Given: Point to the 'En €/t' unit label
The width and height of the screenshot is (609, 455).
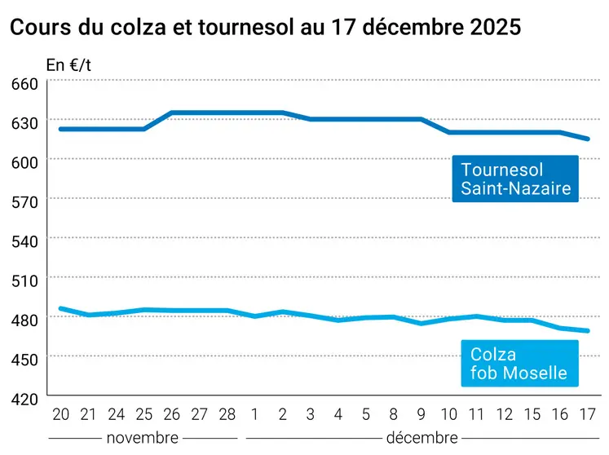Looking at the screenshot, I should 68,64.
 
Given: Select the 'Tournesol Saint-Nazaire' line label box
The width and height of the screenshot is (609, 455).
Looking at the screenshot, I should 515,180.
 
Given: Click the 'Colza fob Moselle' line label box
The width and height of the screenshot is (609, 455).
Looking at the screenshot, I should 519,364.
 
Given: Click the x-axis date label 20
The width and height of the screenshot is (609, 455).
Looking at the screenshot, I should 60,413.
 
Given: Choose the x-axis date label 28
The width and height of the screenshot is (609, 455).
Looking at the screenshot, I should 227,413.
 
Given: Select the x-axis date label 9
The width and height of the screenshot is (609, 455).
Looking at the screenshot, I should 421,413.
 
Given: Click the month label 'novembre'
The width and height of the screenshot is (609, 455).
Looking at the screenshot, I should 142,438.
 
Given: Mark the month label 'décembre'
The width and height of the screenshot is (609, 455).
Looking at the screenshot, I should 421,438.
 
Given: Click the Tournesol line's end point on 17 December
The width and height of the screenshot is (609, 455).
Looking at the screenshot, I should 587,139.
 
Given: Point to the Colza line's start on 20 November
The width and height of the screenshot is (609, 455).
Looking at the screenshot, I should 60,309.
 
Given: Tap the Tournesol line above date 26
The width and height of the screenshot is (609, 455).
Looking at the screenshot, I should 172,113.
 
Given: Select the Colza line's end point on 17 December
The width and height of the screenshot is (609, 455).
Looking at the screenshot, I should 587,331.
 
